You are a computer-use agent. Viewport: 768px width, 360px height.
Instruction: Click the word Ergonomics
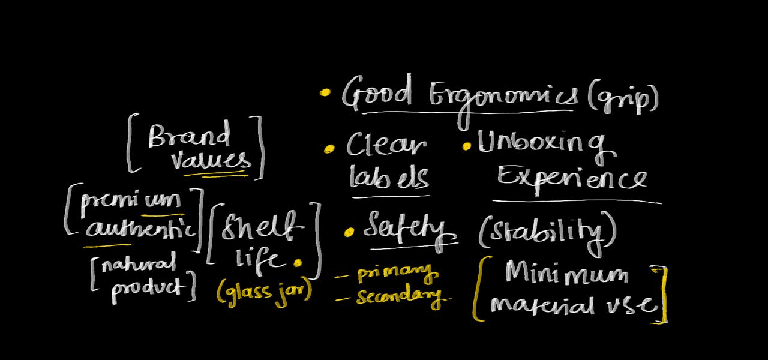point(504,96)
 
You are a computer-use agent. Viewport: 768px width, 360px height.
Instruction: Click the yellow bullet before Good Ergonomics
point(325,93)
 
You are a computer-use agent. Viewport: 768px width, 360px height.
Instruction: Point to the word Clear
point(386,146)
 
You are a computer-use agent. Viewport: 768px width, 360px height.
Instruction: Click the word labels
point(389,177)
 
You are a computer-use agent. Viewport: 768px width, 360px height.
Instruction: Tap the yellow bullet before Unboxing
point(467,146)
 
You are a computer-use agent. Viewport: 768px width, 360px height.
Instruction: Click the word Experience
point(571,178)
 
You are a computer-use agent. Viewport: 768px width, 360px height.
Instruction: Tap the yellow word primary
point(397,275)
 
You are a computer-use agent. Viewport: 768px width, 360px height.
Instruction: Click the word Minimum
point(566,275)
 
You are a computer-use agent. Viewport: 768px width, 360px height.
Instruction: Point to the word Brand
point(189,136)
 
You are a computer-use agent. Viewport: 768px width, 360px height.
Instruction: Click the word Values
point(210,161)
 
